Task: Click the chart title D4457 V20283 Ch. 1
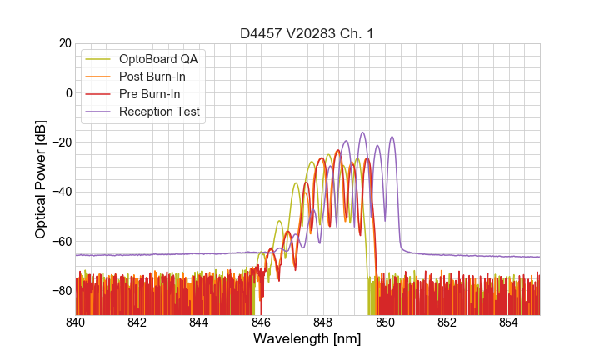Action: pos(307,33)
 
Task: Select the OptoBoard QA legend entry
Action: pos(159,59)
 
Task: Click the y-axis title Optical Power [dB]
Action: pos(41,179)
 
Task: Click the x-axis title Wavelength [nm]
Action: pos(307,339)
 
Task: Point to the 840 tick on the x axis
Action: pos(76,322)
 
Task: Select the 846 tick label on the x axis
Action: pos(261,322)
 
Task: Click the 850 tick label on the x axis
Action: pos(385,322)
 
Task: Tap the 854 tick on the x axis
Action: pos(508,322)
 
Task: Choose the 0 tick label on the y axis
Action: pos(68,92)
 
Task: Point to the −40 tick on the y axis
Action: pos(61,192)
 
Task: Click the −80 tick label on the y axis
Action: pos(61,291)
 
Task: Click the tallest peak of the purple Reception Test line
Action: pos(362,132)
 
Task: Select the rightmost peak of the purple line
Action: pos(392,137)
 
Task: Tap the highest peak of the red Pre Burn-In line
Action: pos(338,151)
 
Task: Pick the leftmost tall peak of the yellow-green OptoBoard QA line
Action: pos(296,183)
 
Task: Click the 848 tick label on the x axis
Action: pos(322,322)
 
